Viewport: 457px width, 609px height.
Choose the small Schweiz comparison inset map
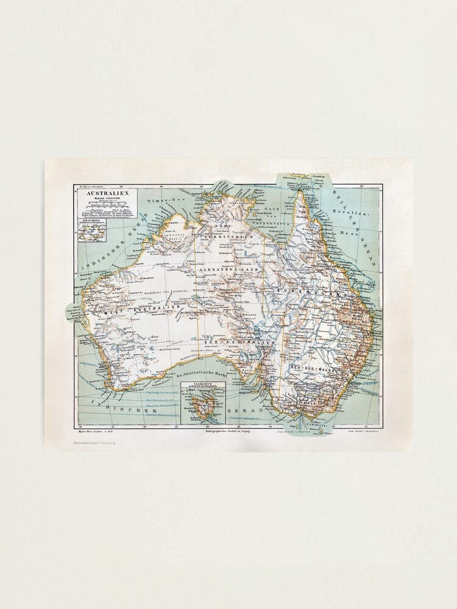pos(93,232)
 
